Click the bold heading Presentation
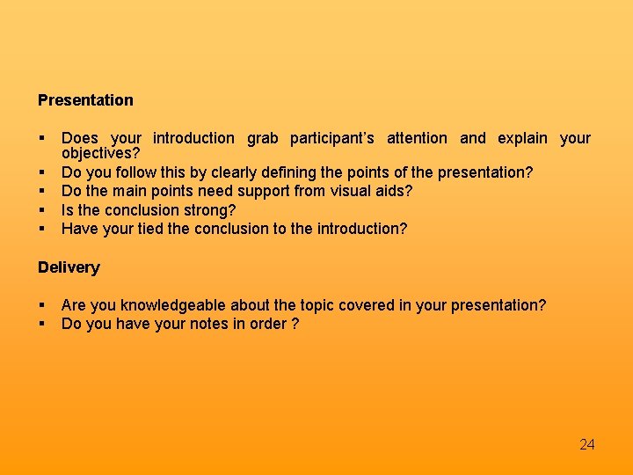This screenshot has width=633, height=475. tap(85, 100)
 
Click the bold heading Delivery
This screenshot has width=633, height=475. tap(69, 267)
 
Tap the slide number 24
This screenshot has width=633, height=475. tap(587, 444)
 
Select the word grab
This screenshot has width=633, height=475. tap(262, 138)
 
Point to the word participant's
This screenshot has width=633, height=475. tap(332, 138)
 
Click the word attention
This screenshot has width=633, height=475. tap(417, 138)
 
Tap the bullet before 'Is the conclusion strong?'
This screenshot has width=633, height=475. tap(41, 210)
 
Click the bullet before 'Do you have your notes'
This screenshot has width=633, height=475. tap(41, 324)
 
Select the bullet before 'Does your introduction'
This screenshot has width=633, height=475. tap(41, 138)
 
